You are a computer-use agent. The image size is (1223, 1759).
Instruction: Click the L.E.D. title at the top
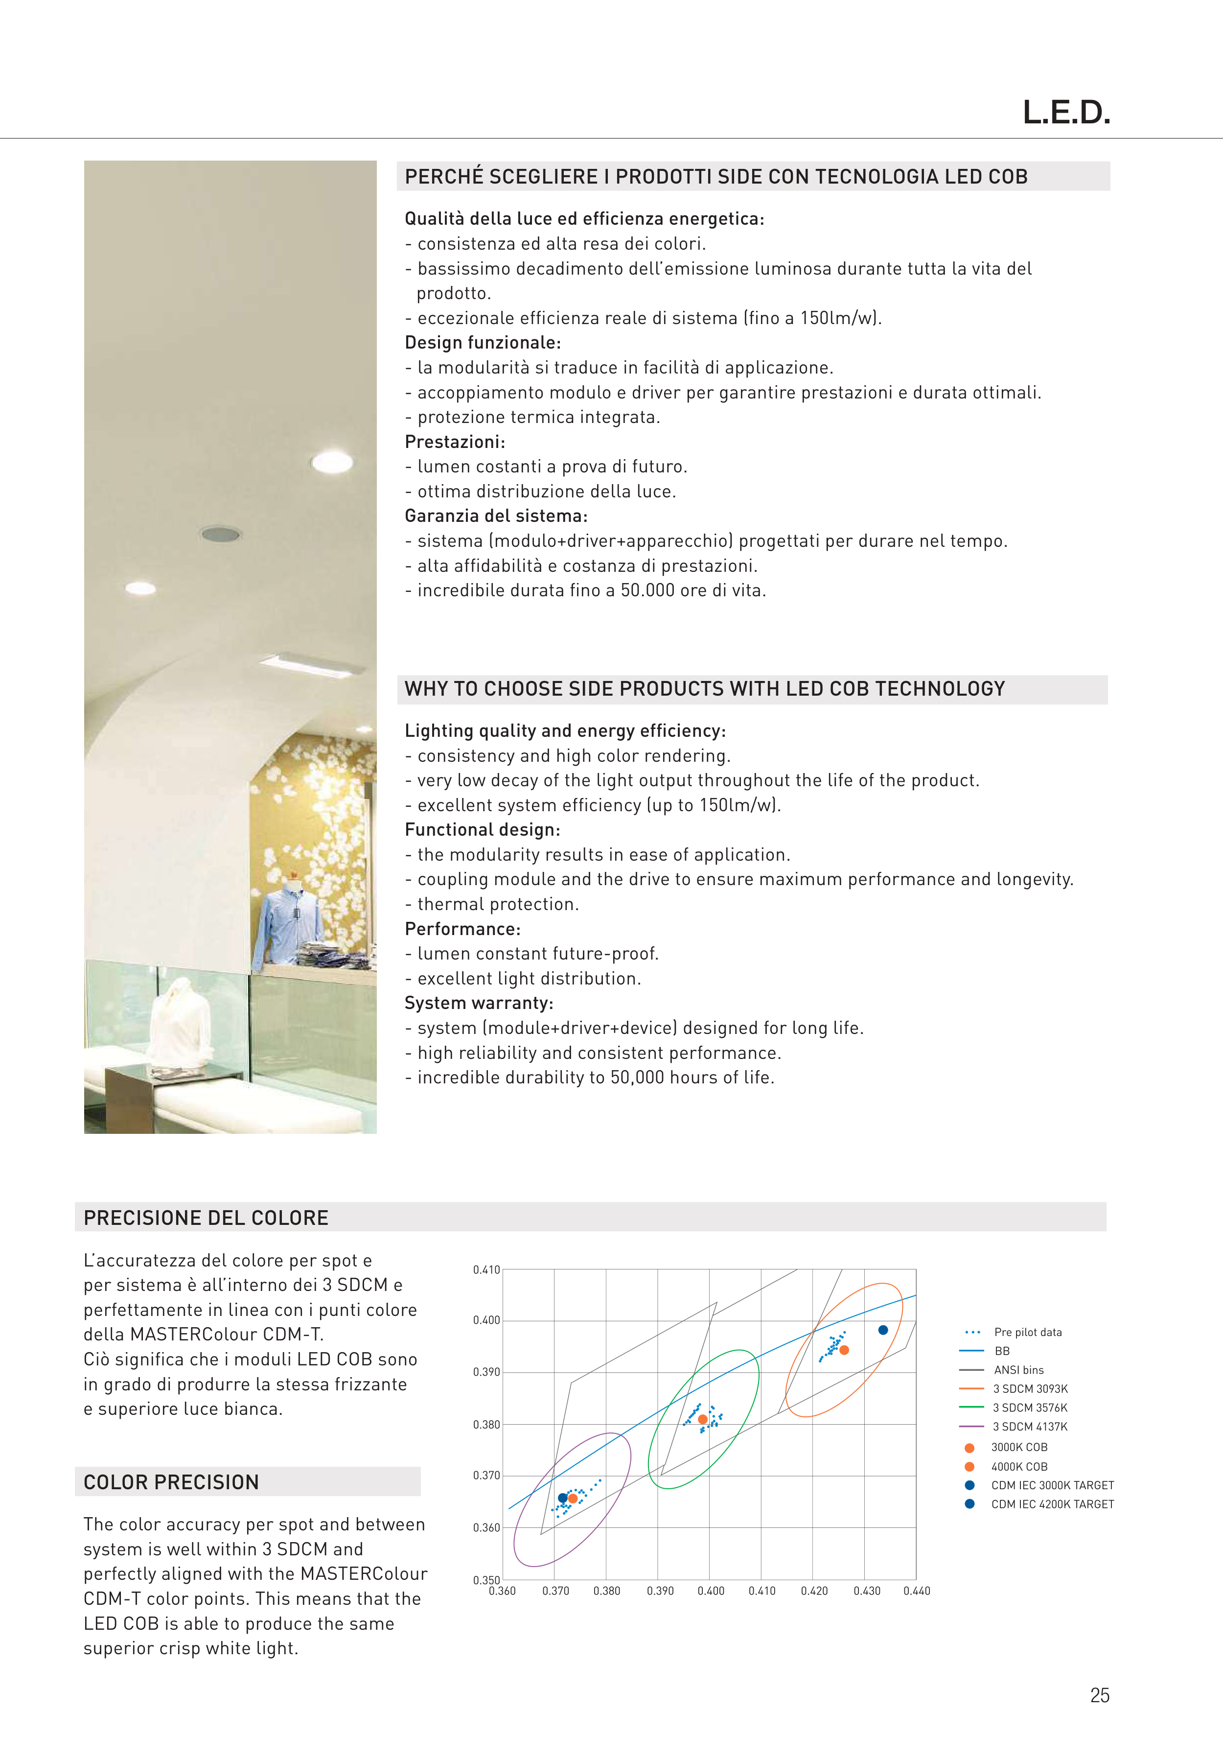(1066, 113)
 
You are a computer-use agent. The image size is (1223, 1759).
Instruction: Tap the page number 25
(1100, 1695)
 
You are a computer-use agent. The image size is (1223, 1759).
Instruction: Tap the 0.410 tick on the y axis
(486, 1269)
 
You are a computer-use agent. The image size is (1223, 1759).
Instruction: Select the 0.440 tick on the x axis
(917, 1591)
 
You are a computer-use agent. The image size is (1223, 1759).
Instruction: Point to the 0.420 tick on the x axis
(814, 1591)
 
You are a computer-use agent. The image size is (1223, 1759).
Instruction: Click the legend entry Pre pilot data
(1028, 1332)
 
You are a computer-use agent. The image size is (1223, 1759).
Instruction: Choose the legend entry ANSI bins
(1018, 1370)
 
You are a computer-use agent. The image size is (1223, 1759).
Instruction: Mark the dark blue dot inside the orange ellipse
(883, 1330)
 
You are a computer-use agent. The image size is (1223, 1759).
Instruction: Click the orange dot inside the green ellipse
(703, 1420)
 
